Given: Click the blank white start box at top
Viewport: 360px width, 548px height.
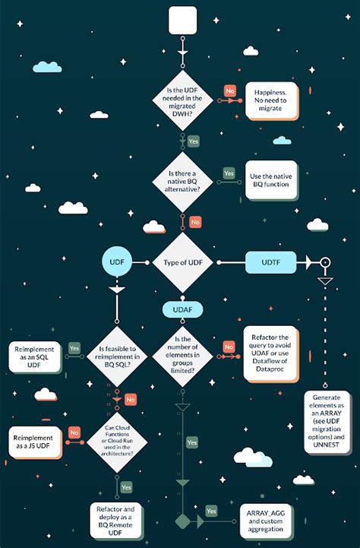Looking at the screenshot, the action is (x=182, y=21).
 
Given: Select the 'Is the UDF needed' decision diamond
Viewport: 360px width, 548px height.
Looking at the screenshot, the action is (x=182, y=100).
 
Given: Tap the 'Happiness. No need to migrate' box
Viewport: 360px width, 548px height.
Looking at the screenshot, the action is (x=270, y=100).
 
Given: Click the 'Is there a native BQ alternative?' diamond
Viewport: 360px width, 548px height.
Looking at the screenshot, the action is (x=182, y=182).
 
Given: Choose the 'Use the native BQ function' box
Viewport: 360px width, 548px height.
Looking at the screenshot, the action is (x=271, y=180).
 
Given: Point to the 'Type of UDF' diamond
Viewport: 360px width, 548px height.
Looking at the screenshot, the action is (x=182, y=262).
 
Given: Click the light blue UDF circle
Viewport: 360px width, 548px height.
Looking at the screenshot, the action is (x=117, y=262).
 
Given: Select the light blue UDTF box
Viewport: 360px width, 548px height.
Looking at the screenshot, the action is (x=271, y=262).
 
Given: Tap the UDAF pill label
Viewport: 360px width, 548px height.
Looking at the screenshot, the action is (x=182, y=309).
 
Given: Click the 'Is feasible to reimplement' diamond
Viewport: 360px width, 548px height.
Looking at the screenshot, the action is (x=117, y=356).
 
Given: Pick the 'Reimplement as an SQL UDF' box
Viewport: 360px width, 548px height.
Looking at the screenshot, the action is (x=34, y=356).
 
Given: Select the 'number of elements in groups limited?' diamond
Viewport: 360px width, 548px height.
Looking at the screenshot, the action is (x=182, y=356).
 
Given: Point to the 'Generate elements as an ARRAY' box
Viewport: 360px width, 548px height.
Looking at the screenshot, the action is (x=327, y=422).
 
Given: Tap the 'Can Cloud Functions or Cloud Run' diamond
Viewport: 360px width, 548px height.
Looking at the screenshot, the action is (x=117, y=442).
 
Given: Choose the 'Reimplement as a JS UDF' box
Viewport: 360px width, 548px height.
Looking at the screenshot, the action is (x=34, y=442).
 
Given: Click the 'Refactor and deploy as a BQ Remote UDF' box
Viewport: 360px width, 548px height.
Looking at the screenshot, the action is (x=115, y=521).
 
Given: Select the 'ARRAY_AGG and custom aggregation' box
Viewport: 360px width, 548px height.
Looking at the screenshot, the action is (x=266, y=521).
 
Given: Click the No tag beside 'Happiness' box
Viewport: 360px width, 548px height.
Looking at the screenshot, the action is (x=230, y=91).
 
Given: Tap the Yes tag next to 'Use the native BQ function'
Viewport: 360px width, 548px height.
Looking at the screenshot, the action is (x=229, y=173).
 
